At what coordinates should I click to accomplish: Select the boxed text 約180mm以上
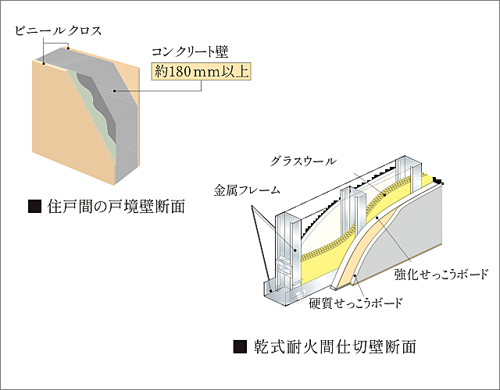pyautogui.click(x=202, y=73)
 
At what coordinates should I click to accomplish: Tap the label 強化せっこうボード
pyautogui.click(x=441, y=274)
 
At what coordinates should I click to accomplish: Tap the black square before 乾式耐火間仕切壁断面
pyautogui.click(x=240, y=346)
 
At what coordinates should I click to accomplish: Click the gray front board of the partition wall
pyautogui.click(x=414, y=226)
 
